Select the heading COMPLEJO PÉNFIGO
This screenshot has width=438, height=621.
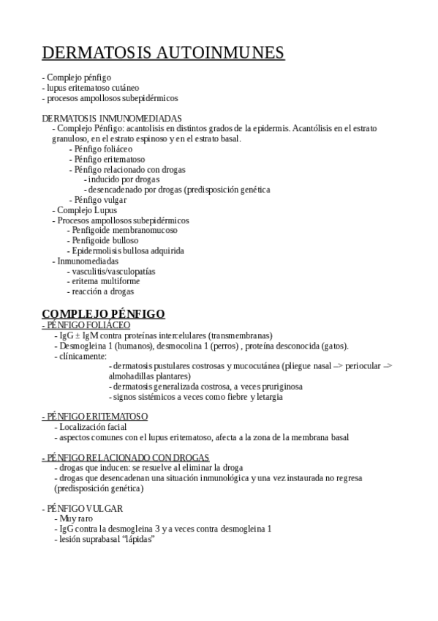(104, 313)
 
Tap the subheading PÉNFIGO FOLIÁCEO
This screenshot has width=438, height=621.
(86, 324)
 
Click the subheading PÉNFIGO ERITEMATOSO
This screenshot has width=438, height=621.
(95, 417)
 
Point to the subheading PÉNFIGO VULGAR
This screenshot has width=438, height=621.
(83, 508)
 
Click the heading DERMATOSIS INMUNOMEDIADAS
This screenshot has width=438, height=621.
(112, 118)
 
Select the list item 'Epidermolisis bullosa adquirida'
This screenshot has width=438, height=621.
(128, 250)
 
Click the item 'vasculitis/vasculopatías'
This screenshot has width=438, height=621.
(113, 271)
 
